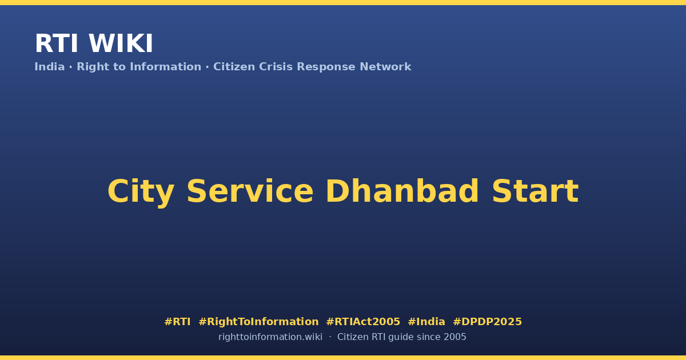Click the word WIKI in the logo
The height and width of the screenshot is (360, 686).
(121, 43)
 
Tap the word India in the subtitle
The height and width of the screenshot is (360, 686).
(50, 67)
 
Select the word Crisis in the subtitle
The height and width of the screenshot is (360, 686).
(276, 67)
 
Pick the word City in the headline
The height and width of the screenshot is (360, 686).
(141, 192)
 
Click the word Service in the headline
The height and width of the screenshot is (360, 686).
(250, 191)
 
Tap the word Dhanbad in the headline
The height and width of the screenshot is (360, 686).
(402, 191)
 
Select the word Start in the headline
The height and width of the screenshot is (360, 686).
(535, 191)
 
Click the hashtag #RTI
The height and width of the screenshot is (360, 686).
(177, 322)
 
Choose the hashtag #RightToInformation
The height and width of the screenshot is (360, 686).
(258, 322)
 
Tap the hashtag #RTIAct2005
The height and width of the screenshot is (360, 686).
(363, 322)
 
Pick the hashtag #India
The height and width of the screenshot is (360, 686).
(426, 322)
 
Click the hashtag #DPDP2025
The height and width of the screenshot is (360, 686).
(487, 322)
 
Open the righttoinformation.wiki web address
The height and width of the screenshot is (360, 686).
(270, 337)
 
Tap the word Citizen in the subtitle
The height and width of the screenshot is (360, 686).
(234, 67)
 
